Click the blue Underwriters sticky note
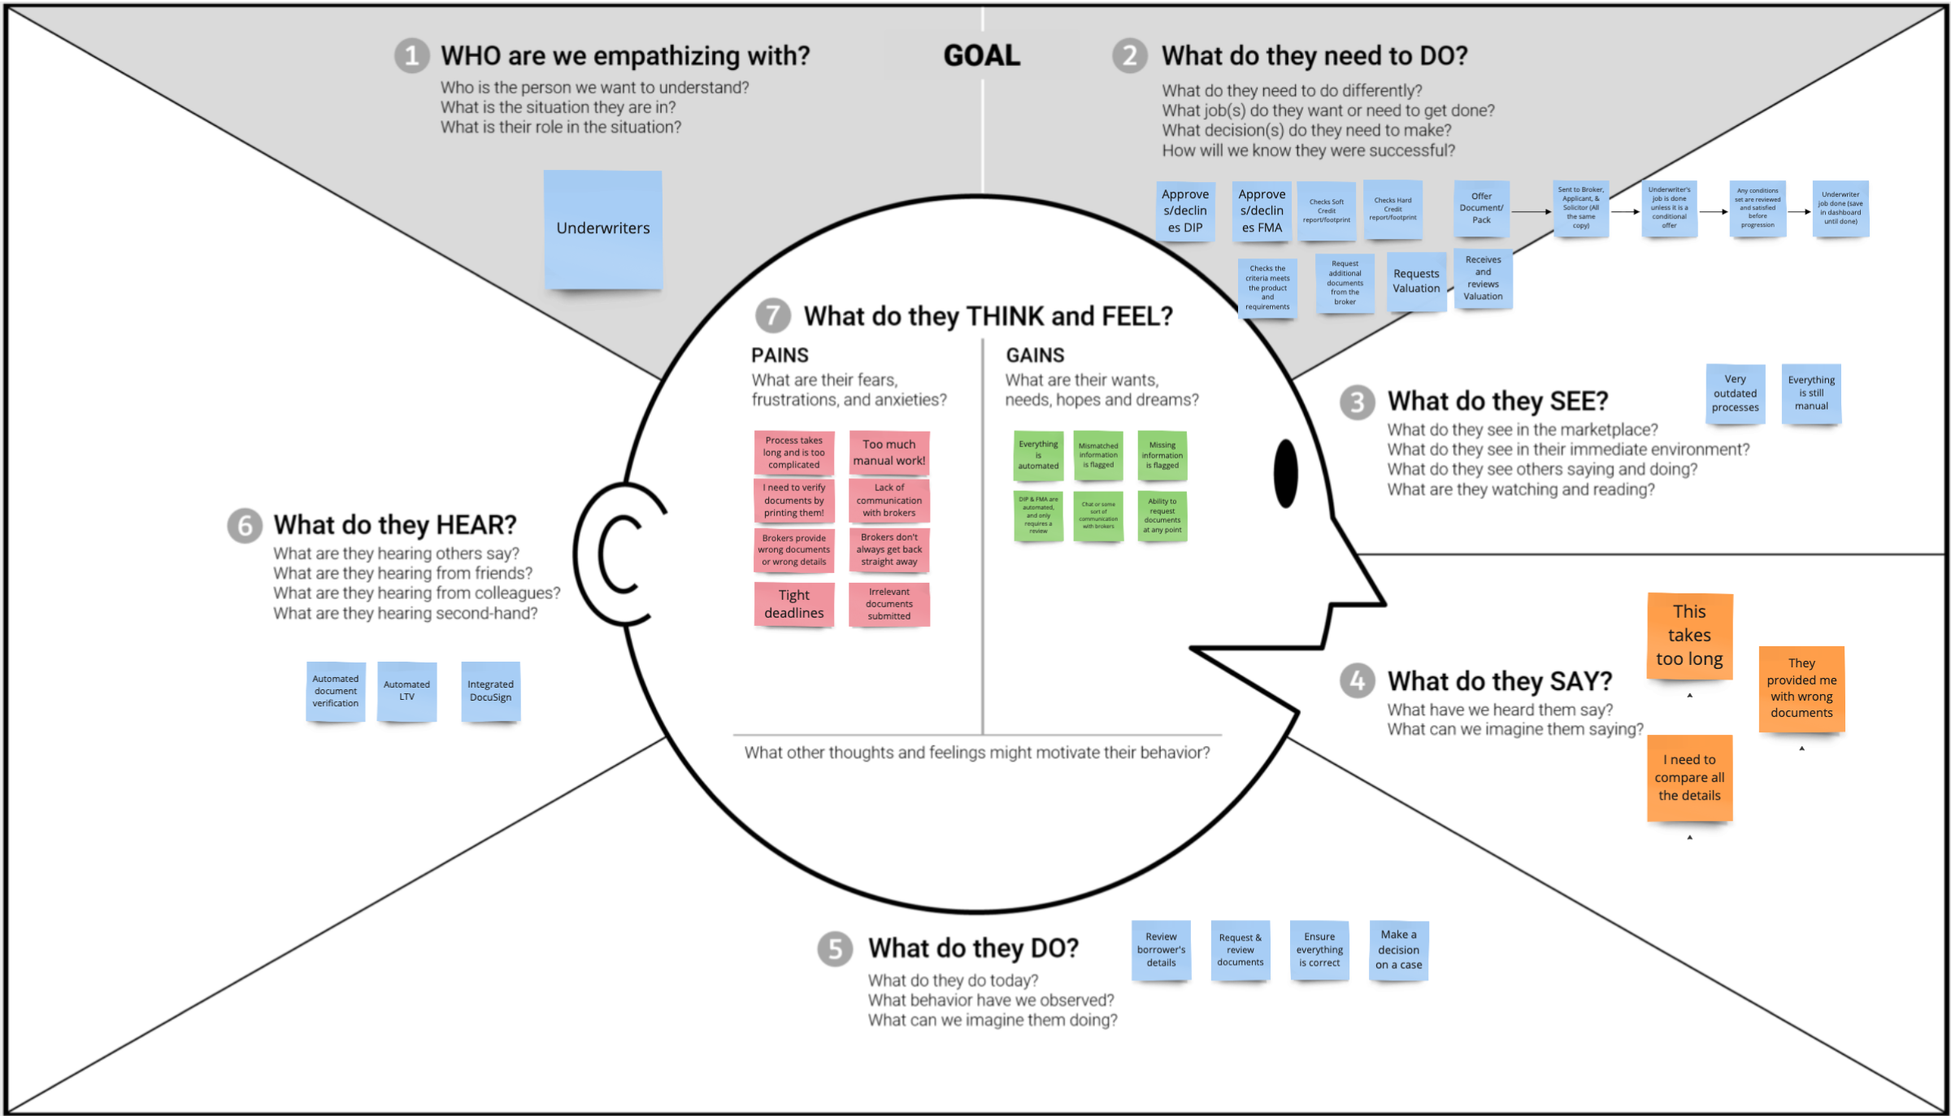[603, 229]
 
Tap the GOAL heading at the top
[981, 55]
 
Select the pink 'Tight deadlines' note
[794, 604]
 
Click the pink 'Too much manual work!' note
[889, 453]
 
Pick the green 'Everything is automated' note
[1038, 455]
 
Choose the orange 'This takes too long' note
[1689, 635]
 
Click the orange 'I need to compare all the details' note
[1689, 777]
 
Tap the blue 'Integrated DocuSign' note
[490, 691]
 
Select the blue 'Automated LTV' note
[406, 691]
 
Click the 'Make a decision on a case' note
[1398, 950]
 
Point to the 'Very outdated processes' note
[1735, 393]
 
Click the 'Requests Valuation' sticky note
[1416, 281]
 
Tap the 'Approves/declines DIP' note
[1185, 211]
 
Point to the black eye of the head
[1285, 473]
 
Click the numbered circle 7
[772, 315]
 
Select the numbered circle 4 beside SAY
[1357, 680]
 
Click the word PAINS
[780, 355]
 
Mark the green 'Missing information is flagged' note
[1162, 455]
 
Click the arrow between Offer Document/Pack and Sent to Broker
[1532, 212]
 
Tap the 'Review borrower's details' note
[1161, 950]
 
